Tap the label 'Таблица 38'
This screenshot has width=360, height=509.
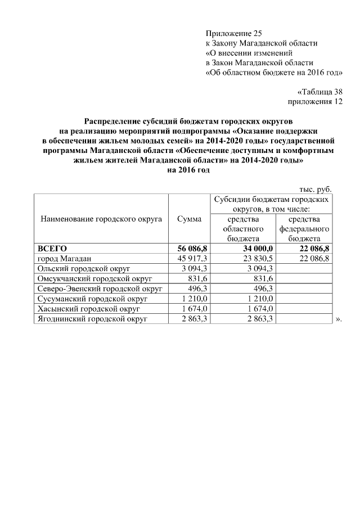[319, 92]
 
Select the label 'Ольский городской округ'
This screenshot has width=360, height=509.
[83, 268]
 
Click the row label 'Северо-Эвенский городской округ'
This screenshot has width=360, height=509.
[100, 289]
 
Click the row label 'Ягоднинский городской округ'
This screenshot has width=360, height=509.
[92, 319]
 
